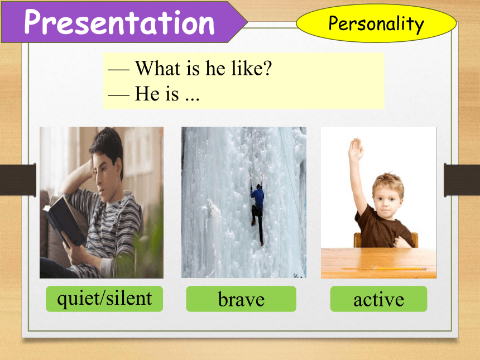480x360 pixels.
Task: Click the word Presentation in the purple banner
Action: tap(119, 22)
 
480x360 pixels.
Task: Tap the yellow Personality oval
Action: tap(376, 23)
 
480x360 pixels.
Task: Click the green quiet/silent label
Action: tap(104, 299)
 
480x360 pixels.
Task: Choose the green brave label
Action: tap(241, 299)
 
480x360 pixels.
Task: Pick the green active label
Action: tap(378, 299)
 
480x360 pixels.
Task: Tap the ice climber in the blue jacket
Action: tap(257, 209)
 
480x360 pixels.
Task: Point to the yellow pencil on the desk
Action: tap(398, 268)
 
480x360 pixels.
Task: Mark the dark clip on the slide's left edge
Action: tap(18, 180)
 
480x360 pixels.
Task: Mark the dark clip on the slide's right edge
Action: tap(462, 180)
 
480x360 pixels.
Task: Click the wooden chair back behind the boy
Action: tap(386, 240)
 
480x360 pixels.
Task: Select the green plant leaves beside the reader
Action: tap(144, 248)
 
